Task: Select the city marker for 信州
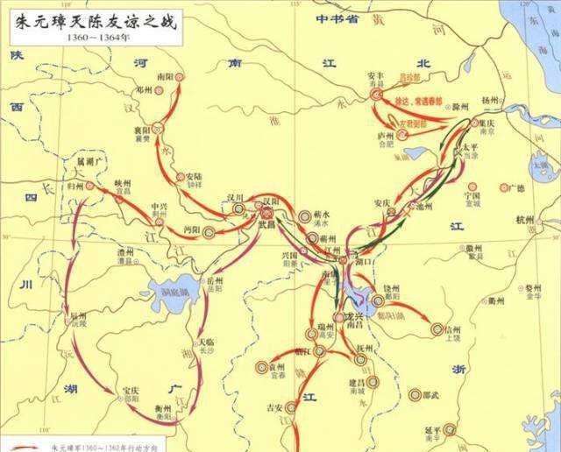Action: pyautogui.click(x=437, y=330)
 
